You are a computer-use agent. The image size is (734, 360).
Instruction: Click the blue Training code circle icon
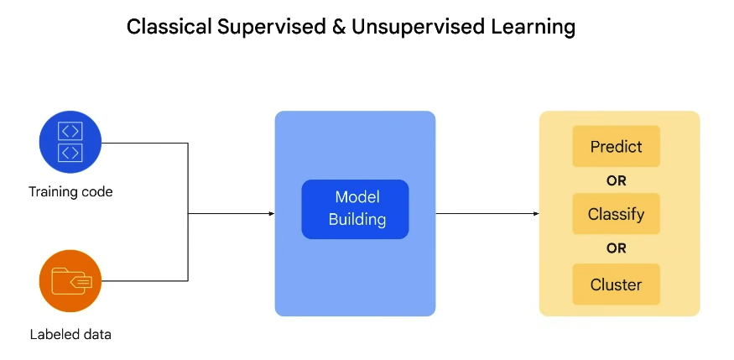coord(70,142)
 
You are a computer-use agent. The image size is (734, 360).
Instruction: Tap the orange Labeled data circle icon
coord(70,281)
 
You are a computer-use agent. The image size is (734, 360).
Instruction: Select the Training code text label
coord(70,192)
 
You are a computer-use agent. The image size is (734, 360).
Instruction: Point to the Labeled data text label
coord(70,335)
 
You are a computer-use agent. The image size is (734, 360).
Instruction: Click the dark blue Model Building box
coord(356,209)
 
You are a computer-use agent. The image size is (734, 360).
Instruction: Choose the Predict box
coord(616,147)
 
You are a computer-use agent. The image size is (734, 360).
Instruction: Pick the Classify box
coord(616,214)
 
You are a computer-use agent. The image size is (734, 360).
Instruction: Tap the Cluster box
coord(616,284)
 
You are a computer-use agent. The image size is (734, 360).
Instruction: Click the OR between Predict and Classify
coord(616,180)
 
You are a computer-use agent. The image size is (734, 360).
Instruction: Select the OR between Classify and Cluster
coord(616,248)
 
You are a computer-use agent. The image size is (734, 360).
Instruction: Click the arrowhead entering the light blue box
coord(272,214)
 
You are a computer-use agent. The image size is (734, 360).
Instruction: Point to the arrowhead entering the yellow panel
coord(537,214)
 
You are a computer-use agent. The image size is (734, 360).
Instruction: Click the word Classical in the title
coord(169,27)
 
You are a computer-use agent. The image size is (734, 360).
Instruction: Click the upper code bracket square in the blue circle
coord(70,131)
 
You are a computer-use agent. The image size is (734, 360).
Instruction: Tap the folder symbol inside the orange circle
coord(71,281)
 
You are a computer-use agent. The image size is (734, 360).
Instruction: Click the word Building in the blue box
coord(357,220)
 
